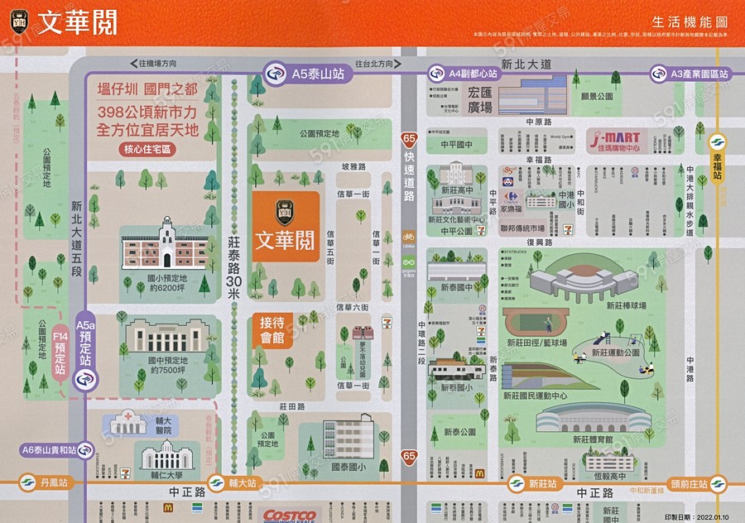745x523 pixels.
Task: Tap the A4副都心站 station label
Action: click(465, 74)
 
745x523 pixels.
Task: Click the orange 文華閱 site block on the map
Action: click(286, 228)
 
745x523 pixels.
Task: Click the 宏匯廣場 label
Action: click(480, 100)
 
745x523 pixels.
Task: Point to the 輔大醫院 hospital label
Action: click(162, 425)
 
